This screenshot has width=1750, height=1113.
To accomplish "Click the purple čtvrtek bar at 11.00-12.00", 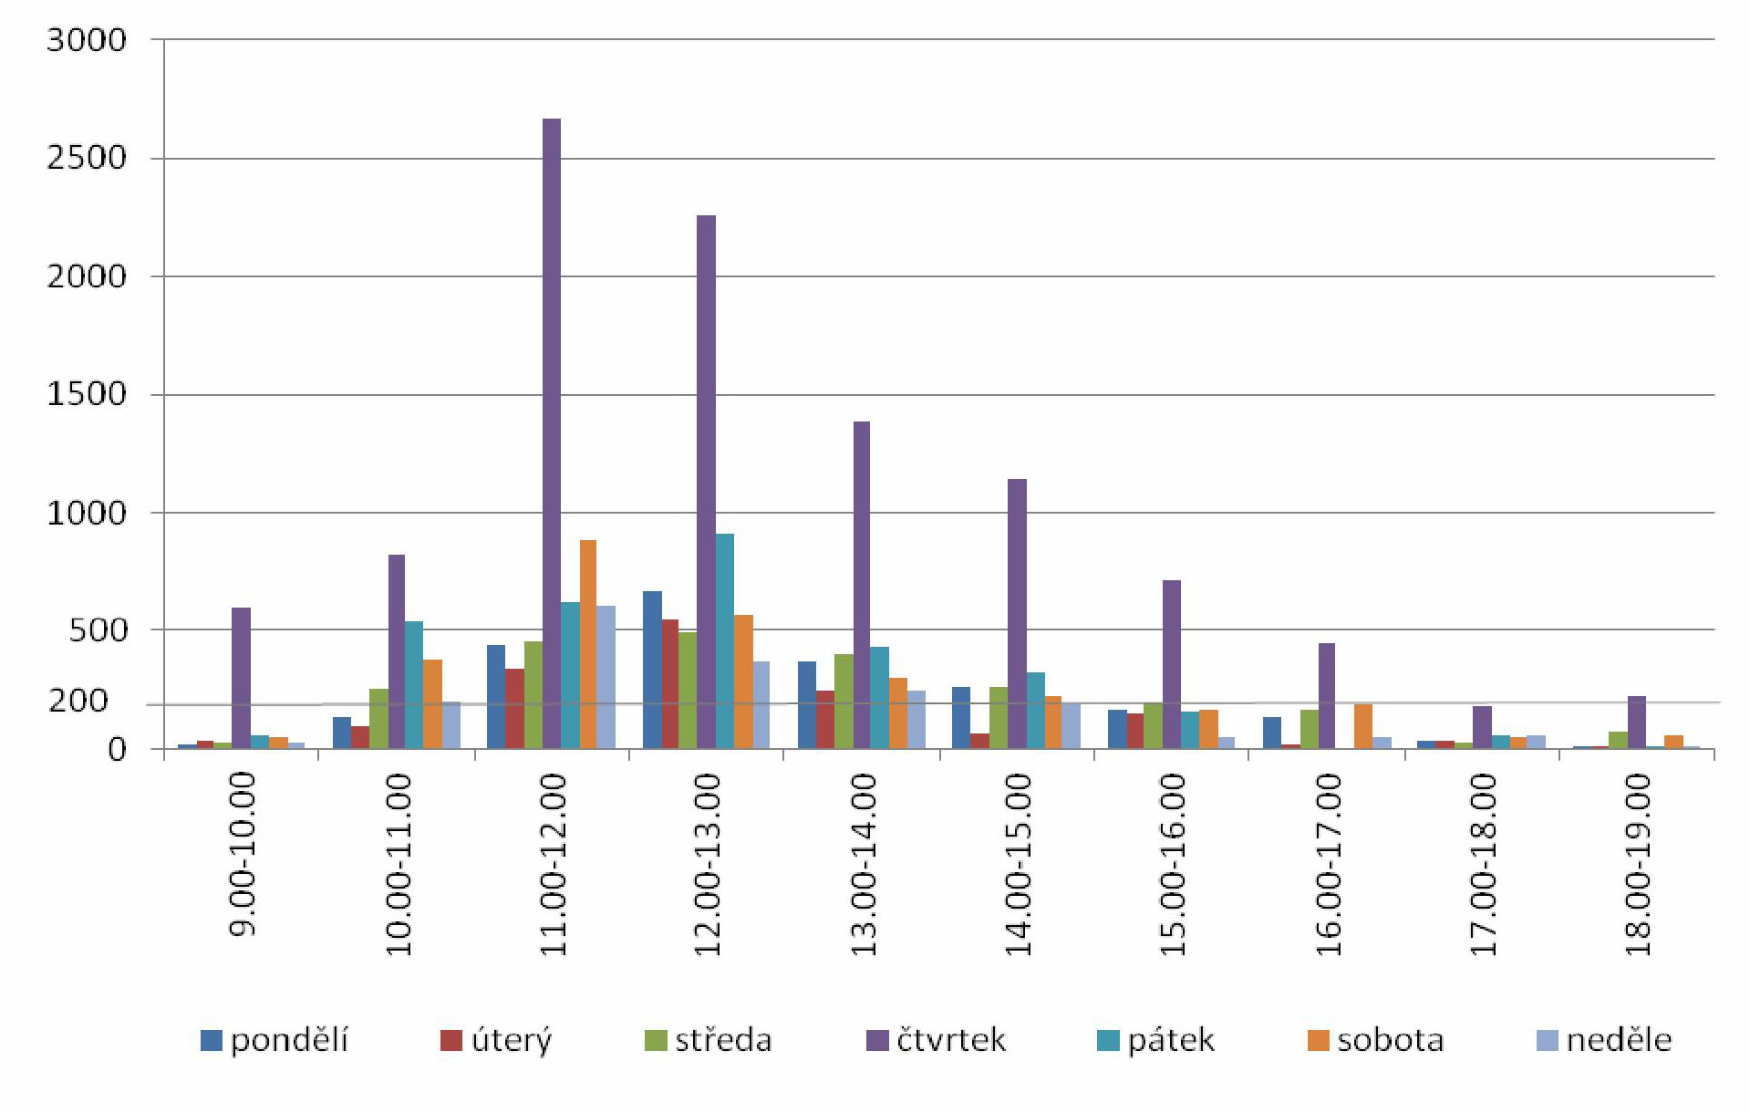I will [x=552, y=433].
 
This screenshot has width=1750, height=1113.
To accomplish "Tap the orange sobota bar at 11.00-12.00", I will [x=588, y=644].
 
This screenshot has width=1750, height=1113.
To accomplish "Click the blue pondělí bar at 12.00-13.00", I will [x=652, y=670].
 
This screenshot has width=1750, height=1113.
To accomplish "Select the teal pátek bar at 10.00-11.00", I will [x=414, y=684].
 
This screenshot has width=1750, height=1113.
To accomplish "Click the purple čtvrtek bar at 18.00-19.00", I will [x=1637, y=722].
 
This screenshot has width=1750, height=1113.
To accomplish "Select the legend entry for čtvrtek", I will [x=937, y=1040].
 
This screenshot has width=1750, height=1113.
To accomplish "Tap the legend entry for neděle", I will [x=1605, y=1040].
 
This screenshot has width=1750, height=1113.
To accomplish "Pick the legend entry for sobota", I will [x=1376, y=1040].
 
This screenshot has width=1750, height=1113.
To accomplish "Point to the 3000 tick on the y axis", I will [x=87, y=40].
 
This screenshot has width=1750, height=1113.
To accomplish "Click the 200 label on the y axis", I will [x=78, y=701].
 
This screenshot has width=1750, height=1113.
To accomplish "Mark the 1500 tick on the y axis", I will [x=87, y=394].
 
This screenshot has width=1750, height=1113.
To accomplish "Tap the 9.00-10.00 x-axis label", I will [x=243, y=854].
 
